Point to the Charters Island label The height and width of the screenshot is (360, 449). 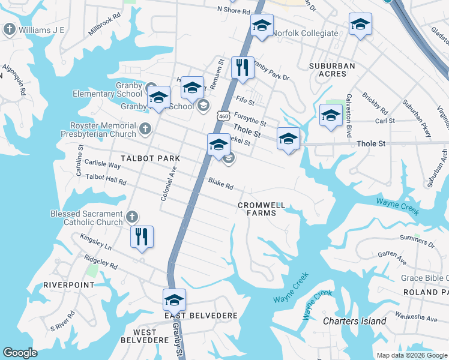click(354, 321)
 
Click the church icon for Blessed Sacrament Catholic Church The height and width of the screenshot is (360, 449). click(133, 216)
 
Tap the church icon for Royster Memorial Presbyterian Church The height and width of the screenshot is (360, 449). click(145, 128)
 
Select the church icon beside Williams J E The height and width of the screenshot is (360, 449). click(10, 29)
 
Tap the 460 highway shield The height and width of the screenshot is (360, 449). click(224, 115)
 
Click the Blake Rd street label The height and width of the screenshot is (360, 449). click(220, 183)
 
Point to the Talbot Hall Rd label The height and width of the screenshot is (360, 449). click(106, 179)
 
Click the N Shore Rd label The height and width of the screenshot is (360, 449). click(233, 11)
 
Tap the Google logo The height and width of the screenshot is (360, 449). click(20, 353)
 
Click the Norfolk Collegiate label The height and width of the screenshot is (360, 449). click(305, 34)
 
